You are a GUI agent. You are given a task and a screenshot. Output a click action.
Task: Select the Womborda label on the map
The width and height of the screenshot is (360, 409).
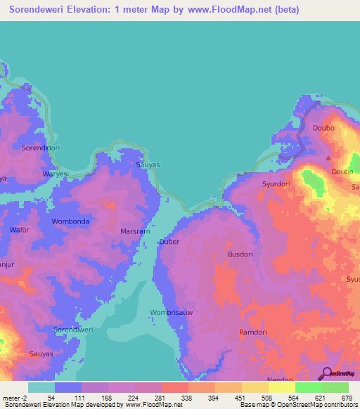pyautogui.click(x=70, y=221)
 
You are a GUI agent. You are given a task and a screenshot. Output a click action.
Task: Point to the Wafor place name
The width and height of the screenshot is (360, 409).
pyautogui.click(x=20, y=230)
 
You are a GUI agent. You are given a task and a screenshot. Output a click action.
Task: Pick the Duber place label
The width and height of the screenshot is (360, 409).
pyautogui.click(x=169, y=241)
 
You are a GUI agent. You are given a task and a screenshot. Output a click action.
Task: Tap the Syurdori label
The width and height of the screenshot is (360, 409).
pyautogui.click(x=276, y=184)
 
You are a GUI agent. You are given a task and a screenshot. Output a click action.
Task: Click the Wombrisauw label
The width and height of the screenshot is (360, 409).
pyautogui.click(x=172, y=312)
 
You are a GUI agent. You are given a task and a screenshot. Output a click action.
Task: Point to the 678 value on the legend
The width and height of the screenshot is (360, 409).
pyautogui.click(x=346, y=397)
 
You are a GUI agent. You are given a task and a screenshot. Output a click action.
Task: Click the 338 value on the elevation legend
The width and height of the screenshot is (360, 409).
pyautogui.click(x=186, y=397)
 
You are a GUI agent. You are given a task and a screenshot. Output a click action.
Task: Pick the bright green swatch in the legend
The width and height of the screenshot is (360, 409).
pyautogui.click(x=308, y=387)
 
